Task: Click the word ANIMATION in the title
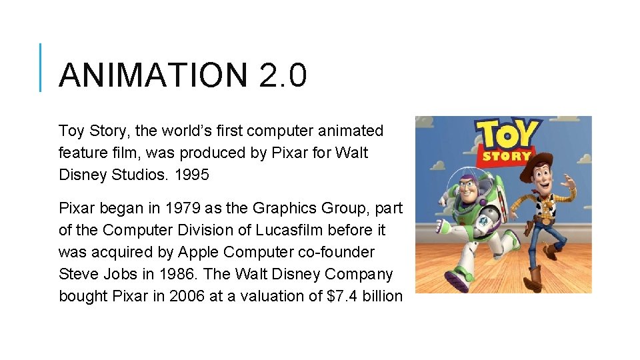(x=153, y=75)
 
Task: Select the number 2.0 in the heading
(x=282, y=75)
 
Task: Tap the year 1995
(x=191, y=175)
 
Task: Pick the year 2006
(x=187, y=296)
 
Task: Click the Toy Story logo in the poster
(x=509, y=142)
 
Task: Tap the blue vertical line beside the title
(x=41, y=67)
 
